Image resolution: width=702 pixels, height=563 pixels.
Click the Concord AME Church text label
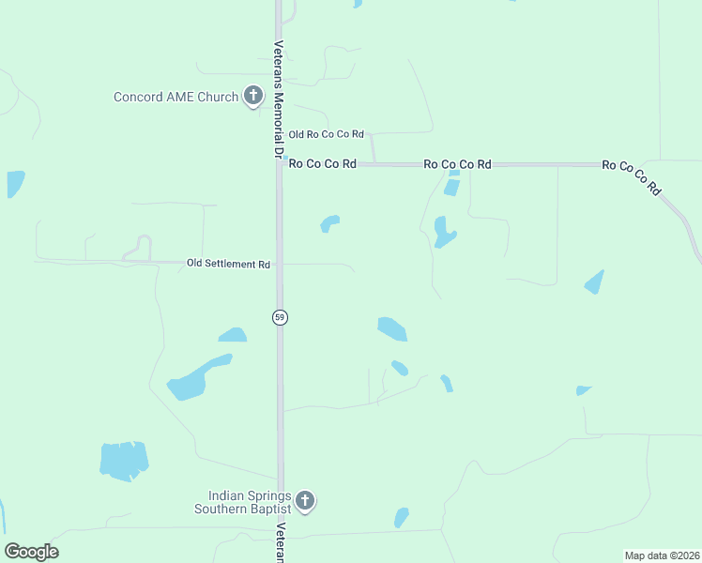coord(175,97)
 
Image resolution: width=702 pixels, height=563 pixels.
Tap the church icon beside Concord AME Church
coord(252,96)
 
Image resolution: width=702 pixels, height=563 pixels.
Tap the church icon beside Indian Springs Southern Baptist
coord(305,501)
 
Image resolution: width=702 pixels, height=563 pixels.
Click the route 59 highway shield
coord(280,317)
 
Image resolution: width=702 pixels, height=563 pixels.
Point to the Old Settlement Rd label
coord(228,265)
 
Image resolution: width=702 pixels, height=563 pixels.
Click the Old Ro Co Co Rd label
coord(326,136)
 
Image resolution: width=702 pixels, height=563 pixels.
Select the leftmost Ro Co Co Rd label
coord(322,164)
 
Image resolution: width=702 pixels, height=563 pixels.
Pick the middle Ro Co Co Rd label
coord(457,164)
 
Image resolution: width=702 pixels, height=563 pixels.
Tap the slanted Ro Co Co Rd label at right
coord(632,176)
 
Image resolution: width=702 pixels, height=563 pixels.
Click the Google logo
coord(32,552)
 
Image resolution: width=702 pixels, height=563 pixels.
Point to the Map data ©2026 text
coord(662,555)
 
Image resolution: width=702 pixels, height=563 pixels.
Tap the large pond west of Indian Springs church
coord(124,461)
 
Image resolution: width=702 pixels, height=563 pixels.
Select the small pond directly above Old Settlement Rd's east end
coord(329,223)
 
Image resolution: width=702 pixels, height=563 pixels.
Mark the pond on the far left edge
coord(15,183)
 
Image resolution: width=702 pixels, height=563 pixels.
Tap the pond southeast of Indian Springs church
coord(402,517)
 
